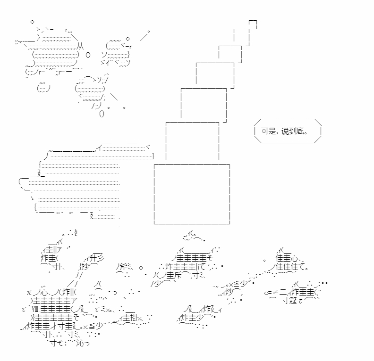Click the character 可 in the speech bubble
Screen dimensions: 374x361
click(265, 131)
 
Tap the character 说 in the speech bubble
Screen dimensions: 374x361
click(285, 131)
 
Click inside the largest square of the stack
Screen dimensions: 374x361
click(192, 194)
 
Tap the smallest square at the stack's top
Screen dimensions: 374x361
click(253, 25)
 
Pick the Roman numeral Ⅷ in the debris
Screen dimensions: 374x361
click(35, 309)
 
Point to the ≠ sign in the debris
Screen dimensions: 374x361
click(275, 293)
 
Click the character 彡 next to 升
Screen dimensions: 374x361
click(100, 258)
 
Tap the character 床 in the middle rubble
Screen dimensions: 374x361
click(178, 275)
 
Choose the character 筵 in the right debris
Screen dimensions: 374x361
click(293, 301)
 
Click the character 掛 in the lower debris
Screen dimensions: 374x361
click(133, 318)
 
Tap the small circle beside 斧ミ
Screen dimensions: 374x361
click(141, 268)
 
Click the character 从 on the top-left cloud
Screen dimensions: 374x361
click(81, 46)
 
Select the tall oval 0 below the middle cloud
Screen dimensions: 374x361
click(102, 114)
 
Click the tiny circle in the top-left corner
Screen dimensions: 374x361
click(32, 22)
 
